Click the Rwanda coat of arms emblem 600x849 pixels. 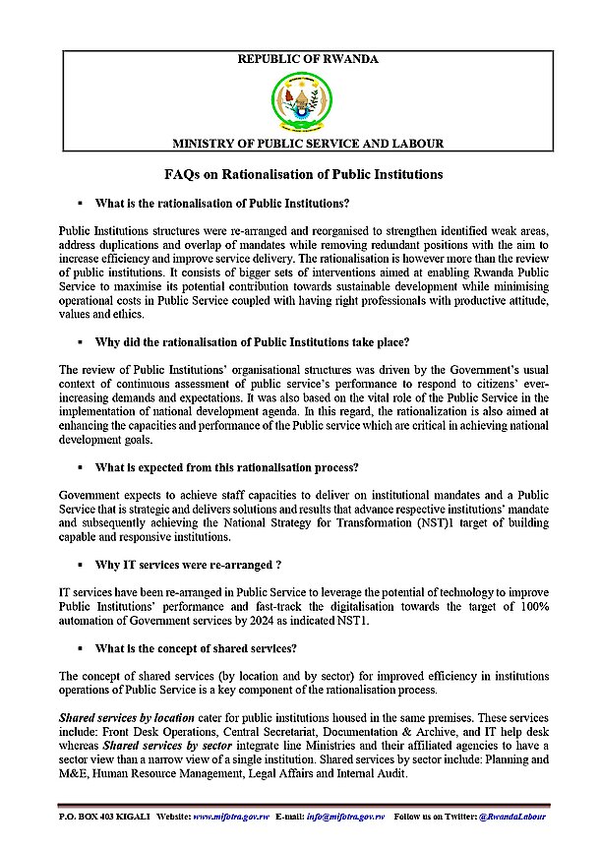[300, 99]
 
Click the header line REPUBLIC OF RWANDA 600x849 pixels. [308, 60]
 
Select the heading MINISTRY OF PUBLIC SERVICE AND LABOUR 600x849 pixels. [308, 144]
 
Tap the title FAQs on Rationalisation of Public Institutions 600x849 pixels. [304, 174]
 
